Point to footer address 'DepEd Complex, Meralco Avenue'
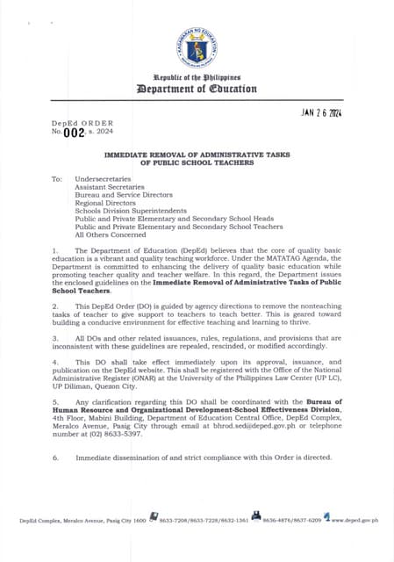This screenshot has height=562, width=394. pyautogui.click(x=66, y=522)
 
